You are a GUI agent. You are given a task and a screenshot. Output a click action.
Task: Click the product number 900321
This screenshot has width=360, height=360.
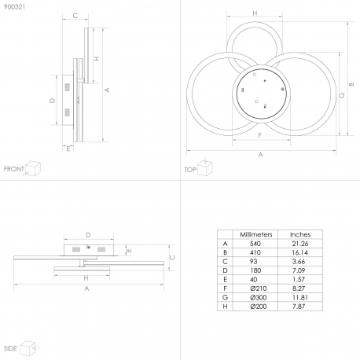pos(14,7)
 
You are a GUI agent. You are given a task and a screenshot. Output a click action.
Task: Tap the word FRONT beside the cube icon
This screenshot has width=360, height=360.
pos(14,169)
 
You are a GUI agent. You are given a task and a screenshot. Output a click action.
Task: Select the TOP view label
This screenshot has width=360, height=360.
pos(190,170)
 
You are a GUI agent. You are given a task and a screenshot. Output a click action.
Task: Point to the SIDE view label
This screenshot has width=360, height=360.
pos(10,348)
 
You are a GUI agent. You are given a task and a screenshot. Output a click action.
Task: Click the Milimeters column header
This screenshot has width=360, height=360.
pos(256,234)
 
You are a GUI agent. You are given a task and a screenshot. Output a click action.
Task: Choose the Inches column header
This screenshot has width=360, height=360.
pos(300,234)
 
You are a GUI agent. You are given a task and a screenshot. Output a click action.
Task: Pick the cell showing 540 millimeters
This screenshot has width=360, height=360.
pos(255,244)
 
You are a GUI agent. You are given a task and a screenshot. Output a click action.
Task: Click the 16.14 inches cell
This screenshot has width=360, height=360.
pos(300,252)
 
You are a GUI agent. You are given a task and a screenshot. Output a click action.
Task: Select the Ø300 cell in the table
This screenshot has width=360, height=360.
pos(259,297)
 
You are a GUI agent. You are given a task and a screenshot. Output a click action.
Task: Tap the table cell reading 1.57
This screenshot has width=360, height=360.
pos(299,280)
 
